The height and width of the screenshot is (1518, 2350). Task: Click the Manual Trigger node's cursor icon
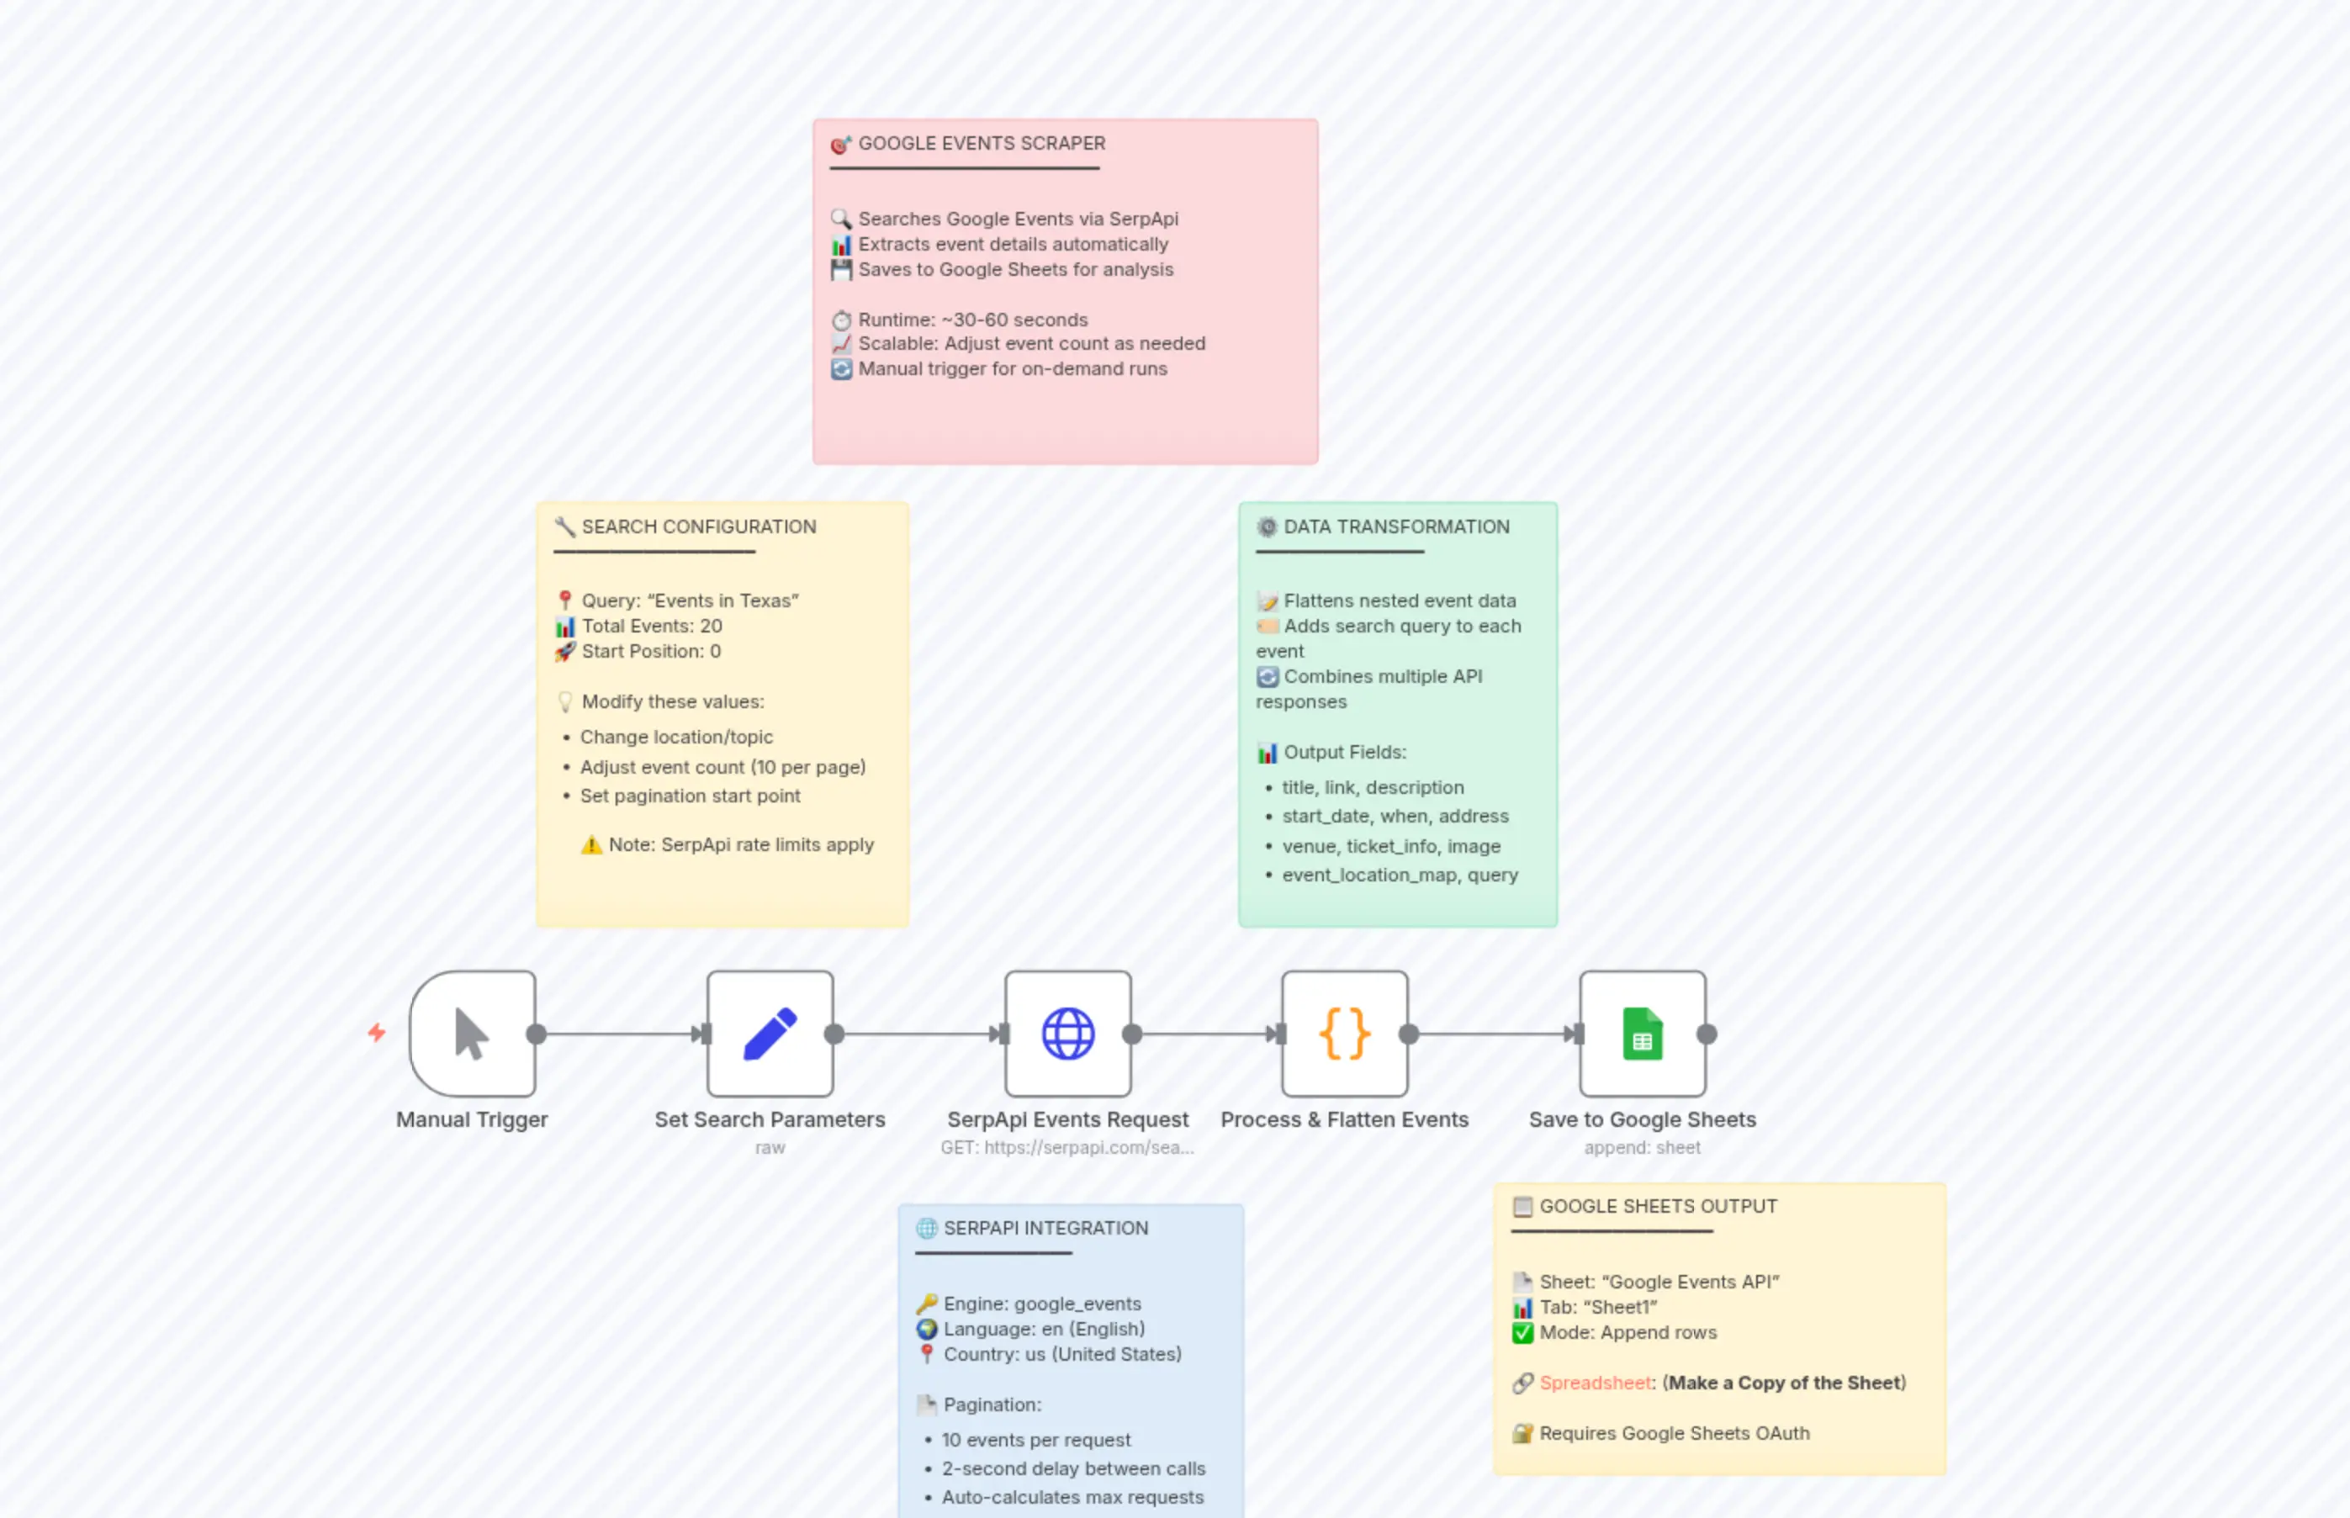(x=471, y=1034)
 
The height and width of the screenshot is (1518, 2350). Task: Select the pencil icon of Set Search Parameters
(x=770, y=1034)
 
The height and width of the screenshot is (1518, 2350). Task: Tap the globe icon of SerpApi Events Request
(x=1067, y=1034)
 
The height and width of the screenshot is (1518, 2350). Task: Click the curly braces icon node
(x=1345, y=1034)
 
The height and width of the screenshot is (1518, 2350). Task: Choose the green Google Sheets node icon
(x=1643, y=1034)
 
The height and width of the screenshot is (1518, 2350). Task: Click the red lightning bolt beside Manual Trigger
(x=377, y=1032)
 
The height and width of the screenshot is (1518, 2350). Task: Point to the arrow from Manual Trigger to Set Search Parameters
(x=621, y=1034)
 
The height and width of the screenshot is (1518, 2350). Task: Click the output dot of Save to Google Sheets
(x=1707, y=1034)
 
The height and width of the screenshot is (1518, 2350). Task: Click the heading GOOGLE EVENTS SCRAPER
(x=981, y=144)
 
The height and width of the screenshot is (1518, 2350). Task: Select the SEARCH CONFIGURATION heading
(x=698, y=527)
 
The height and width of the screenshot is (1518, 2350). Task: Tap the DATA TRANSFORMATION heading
(x=1396, y=527)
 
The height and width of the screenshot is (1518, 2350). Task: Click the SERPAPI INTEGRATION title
(x=1045, y=1228)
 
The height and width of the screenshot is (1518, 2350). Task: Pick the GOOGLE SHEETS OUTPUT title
(x=1658, y=1207)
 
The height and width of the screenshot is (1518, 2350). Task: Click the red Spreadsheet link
(x=1595, y=1383)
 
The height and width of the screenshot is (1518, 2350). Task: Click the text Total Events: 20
(x=651, y=626)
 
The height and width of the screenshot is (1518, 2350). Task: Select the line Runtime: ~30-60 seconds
(x=972, y=320)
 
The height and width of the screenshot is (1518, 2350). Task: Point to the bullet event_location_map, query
(x=1399, y=875)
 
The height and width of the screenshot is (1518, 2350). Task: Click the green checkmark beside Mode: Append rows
(x=1523, y=1333)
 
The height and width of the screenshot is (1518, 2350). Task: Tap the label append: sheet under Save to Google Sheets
(x=1643, y=1147)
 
